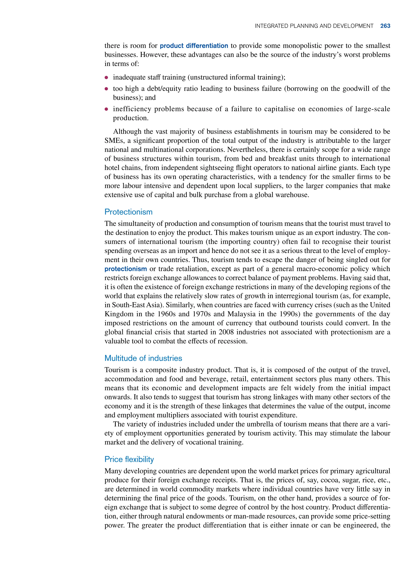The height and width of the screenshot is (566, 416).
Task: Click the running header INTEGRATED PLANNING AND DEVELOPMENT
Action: click(314, 26)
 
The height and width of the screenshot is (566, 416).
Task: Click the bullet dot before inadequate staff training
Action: click(106, 77)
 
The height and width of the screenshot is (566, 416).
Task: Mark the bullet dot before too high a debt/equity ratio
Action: click(106, 89)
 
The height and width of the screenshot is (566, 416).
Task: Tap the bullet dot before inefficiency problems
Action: click(106, 109)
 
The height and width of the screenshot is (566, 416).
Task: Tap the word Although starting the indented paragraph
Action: click(127, 132)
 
